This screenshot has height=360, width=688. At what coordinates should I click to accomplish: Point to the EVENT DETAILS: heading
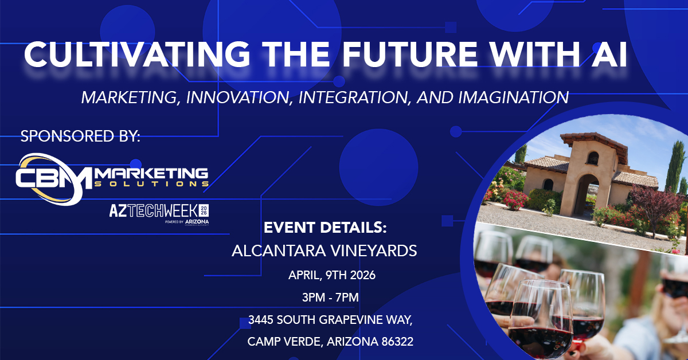click(x=325, y=228)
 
